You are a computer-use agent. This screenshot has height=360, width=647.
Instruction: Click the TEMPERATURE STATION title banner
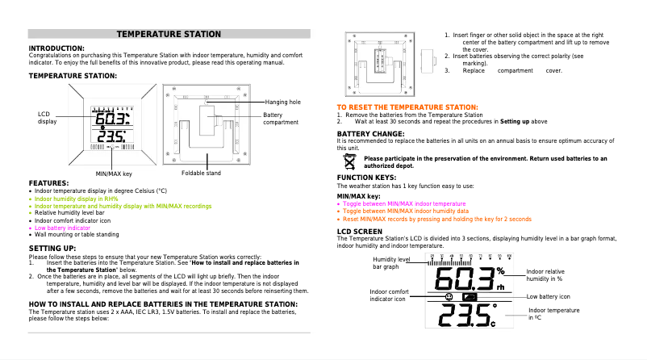[x=169, y=34]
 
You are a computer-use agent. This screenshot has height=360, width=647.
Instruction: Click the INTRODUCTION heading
[x=56, y=48]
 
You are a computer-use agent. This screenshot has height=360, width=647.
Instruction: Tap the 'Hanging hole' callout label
[x=282, y=103]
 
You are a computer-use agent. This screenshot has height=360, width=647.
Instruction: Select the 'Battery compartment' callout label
[x=281, y=119]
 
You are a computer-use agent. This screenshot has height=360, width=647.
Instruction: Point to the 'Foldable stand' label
[x=201, y=174]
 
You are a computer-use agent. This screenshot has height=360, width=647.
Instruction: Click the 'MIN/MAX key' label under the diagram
[x=114, y=174]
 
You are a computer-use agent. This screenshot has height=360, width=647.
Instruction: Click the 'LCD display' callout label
[x=47, y=118]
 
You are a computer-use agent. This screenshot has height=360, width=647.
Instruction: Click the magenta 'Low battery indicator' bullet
[x=62, y=228]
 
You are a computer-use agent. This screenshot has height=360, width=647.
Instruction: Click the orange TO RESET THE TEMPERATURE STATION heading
[x=407, y=107]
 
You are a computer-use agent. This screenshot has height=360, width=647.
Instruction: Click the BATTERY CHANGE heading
[x=370, y=133]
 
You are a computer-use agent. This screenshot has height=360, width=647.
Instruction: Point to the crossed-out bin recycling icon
[x=349, y=161]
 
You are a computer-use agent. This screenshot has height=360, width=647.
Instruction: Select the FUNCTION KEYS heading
[x=366, y=177]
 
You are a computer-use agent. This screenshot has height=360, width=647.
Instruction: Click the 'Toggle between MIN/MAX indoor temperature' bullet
[x=404, y=204]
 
